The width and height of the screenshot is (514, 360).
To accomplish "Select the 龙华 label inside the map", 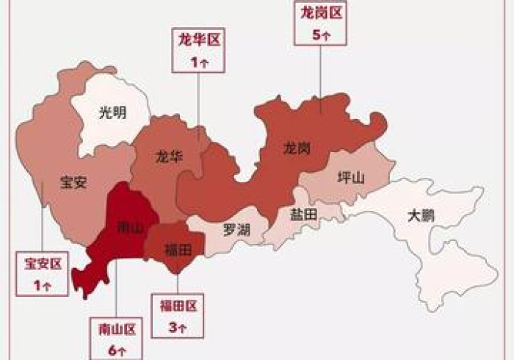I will (x=169, y=156).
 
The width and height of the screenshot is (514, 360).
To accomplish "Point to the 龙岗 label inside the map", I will (x=297, y=148).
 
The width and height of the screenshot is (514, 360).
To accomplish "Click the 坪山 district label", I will (x=349, y=177).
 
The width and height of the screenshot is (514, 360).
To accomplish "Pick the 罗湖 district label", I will (x=236, y=229).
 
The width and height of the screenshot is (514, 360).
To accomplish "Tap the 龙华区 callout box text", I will (x=196, y=40).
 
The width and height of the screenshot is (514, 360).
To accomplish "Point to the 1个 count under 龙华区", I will (x=196, y=62).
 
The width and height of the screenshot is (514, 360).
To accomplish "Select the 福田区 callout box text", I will (x=176, y=303).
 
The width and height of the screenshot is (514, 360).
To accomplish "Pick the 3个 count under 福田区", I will (x=176, y=325).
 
